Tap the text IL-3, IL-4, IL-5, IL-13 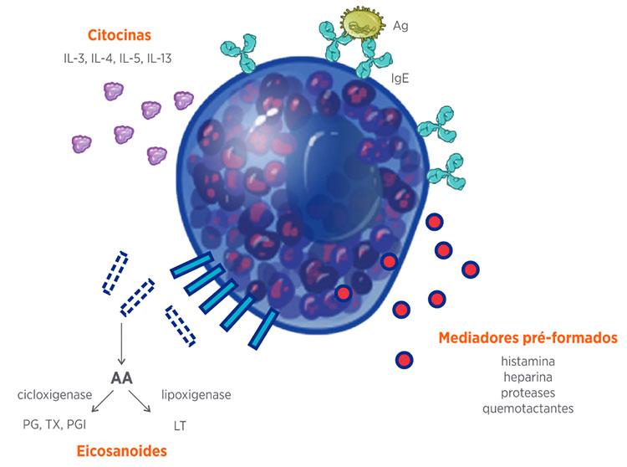(x=119, y=59)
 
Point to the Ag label (x=400, y=27)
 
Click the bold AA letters (x=122, y=377)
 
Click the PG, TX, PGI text (x=56, y=425)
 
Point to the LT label (x=179, y=425)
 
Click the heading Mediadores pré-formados (x=528, y=338)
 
